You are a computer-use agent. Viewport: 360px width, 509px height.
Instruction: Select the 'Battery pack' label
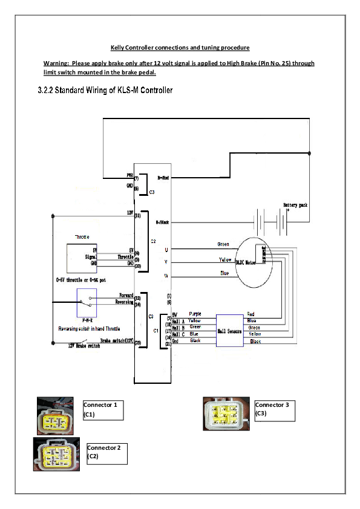(295, 206)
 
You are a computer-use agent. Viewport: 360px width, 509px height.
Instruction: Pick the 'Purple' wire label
(195, 314)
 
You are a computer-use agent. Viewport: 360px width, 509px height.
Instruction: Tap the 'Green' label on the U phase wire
(223, 244)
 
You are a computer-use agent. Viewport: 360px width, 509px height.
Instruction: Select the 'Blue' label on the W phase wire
(224, 273)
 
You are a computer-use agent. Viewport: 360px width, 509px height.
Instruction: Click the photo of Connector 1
(55, 416)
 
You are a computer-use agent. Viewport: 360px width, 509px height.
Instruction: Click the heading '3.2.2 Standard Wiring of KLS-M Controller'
(105, 91)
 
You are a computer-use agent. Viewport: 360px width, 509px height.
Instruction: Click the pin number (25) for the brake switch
(137, 343)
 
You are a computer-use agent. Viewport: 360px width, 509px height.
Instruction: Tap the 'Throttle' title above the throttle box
(82, 237)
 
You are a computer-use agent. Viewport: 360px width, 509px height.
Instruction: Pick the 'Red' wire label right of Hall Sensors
(251, 314)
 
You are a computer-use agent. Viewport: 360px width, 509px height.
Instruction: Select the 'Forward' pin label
(126, 296)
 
